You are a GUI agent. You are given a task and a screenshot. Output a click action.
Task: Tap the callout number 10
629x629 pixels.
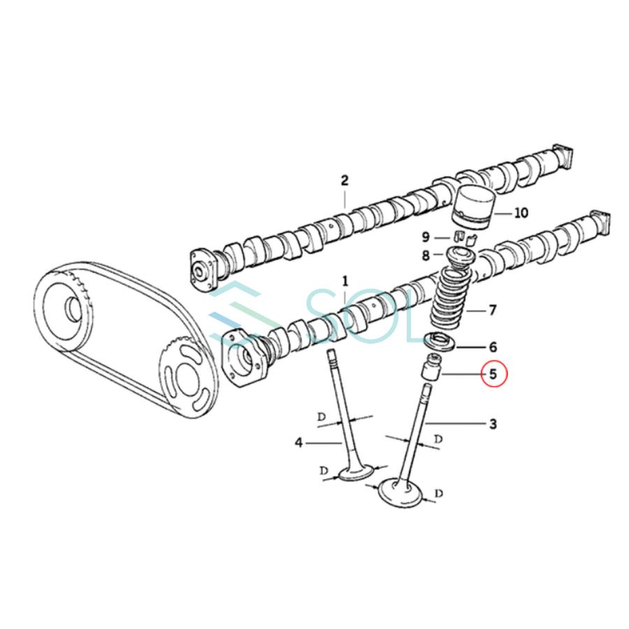point(521,213)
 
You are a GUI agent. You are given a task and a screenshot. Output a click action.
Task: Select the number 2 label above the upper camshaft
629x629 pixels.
point(344,180)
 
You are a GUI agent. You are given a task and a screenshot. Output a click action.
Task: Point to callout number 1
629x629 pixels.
point(344,281)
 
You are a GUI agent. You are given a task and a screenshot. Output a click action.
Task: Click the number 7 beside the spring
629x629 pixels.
point(492,309)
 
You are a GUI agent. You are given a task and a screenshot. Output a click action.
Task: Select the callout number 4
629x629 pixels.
point(298,442)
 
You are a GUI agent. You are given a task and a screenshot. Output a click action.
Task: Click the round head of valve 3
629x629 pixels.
point(400,492)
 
